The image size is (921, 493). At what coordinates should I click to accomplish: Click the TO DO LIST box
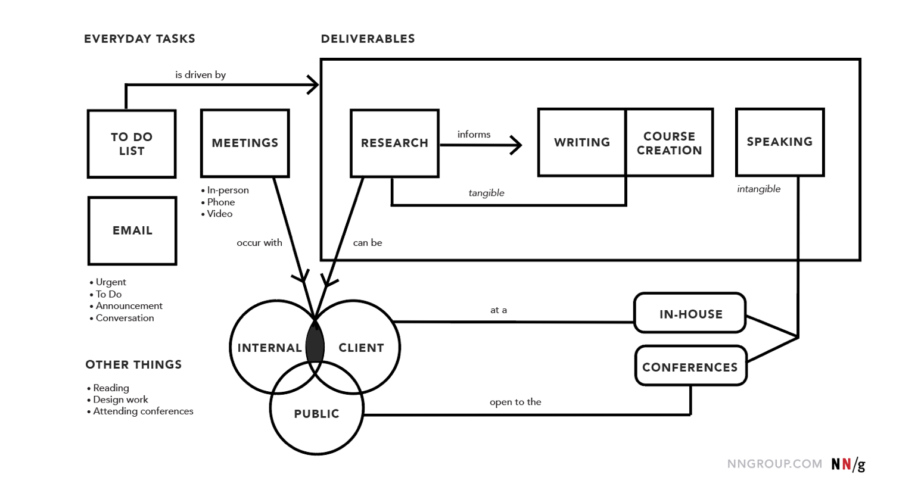132,143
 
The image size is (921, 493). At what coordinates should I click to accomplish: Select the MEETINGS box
245,143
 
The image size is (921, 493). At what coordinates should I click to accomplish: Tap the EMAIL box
132,230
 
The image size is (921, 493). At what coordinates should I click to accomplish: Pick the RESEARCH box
394,143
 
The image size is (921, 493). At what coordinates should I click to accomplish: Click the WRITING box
582,142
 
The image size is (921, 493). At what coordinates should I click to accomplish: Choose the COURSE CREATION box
669,143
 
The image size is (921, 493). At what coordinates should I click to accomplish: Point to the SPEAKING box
780,142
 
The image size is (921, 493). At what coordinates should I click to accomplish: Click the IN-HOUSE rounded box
690,314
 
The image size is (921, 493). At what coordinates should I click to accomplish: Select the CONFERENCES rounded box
690,367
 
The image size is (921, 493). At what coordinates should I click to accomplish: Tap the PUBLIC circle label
316,414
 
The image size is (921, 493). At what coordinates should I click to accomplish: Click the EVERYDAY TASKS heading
139,39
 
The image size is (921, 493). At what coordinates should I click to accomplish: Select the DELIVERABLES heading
368,39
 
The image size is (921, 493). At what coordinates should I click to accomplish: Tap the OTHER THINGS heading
133,364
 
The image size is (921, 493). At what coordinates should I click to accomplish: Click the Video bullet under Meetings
219,214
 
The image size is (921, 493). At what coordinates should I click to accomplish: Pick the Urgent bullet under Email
110,282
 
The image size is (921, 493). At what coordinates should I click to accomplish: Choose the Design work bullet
120,400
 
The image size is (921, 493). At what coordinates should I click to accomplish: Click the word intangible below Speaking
758,189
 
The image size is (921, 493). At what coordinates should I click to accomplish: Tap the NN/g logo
848,464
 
